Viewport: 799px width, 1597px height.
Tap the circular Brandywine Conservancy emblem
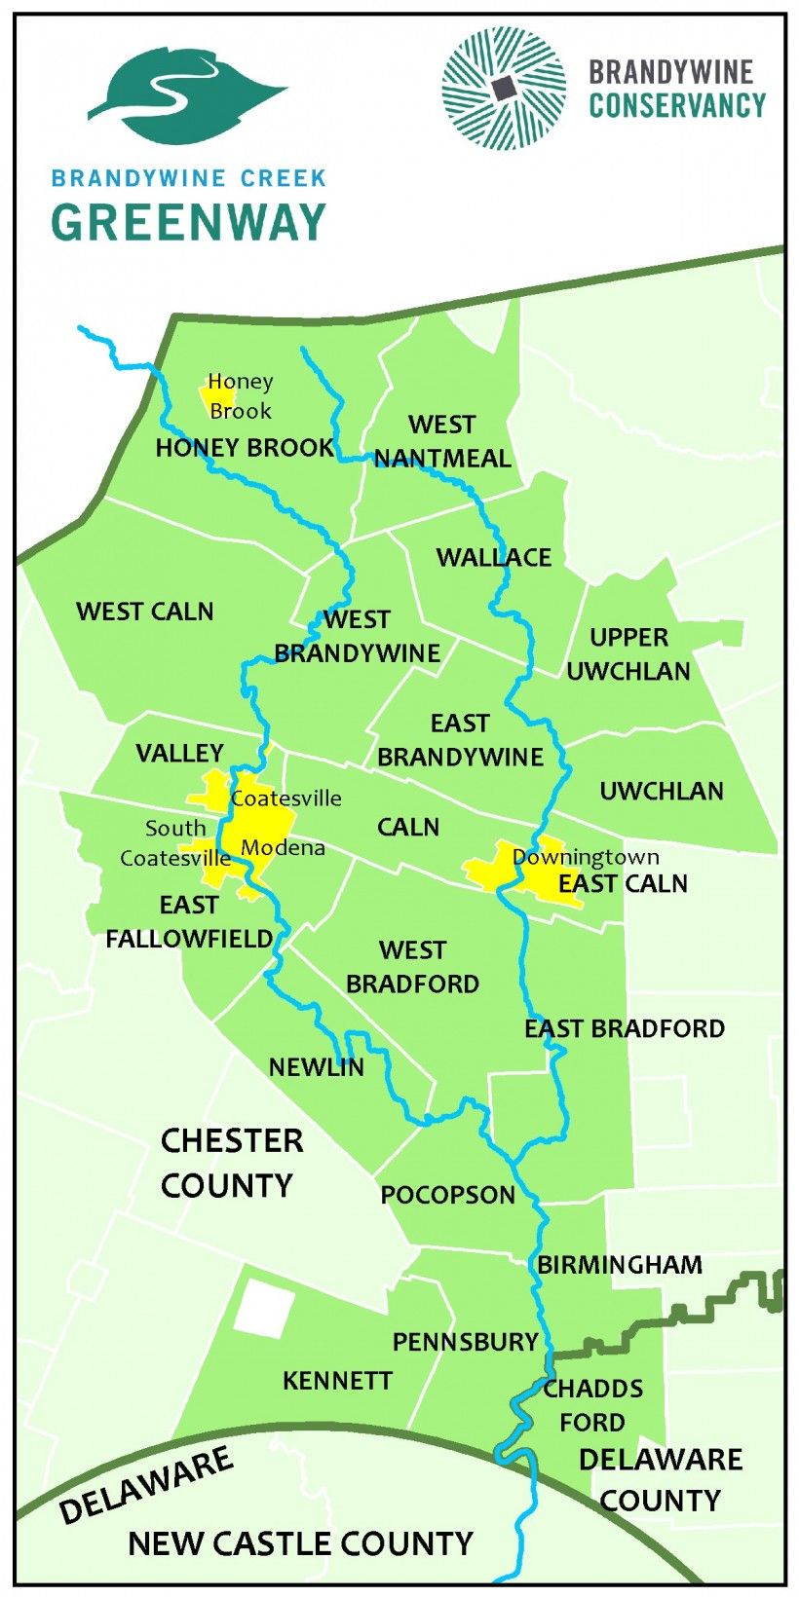coord(503,89)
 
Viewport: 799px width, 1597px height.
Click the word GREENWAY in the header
coord(188,223)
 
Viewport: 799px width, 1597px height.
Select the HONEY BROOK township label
coord(244,448)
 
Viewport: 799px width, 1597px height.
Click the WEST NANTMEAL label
coord(442,441)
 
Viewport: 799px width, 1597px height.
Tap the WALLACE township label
coord(493,557)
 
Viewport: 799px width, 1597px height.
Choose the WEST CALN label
coord(144,612)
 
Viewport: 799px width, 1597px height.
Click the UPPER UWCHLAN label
coord(628,653)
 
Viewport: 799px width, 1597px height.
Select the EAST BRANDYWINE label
coord(460,740)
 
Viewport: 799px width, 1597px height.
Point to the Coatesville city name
coord(286,798)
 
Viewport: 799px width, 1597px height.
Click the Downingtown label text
coord(586,857)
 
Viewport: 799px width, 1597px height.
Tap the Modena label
coord(283,847)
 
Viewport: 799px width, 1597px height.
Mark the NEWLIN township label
coord(317,1067)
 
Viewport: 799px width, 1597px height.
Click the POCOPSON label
coord(447,1195)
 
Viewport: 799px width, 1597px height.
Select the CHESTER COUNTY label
coord(231,1163)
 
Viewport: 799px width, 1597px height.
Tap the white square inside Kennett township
coord(263,1310)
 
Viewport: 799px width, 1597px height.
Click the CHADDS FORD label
coord(592,1405)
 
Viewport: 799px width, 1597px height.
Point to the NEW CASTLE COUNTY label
coord(300,1543)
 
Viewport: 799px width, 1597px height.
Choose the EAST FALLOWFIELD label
coord(189,921)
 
